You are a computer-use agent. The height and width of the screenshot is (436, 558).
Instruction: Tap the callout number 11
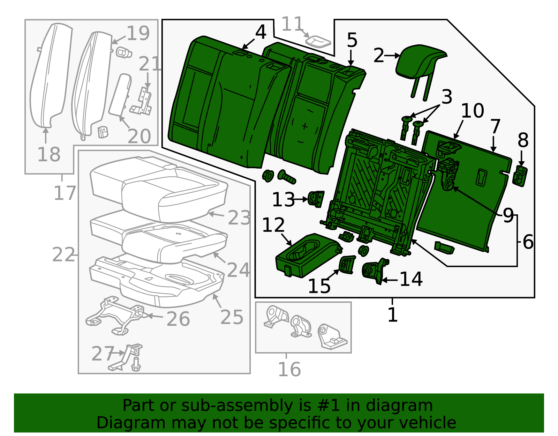[x=292, y=25]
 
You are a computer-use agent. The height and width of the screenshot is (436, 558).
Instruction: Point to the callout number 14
[x=411, y=279]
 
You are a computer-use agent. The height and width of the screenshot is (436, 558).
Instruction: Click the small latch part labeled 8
[x=520, y=176]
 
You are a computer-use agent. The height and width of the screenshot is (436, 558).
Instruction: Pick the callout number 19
[x=138, y=34]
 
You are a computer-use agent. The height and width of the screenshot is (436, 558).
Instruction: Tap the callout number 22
[x=63, y=254]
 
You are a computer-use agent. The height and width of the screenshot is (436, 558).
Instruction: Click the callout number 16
[x=289, y=370]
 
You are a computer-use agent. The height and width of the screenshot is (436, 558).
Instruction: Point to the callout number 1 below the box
[x=393, y=315]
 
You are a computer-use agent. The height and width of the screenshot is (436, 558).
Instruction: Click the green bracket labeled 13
[x=317, y=199]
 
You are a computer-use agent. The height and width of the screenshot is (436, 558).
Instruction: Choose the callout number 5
[x=352, y=40]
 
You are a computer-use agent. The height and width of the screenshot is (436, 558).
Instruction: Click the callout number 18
[x=49, y=155]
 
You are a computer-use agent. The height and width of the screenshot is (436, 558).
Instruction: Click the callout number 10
[x=472, y=111]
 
